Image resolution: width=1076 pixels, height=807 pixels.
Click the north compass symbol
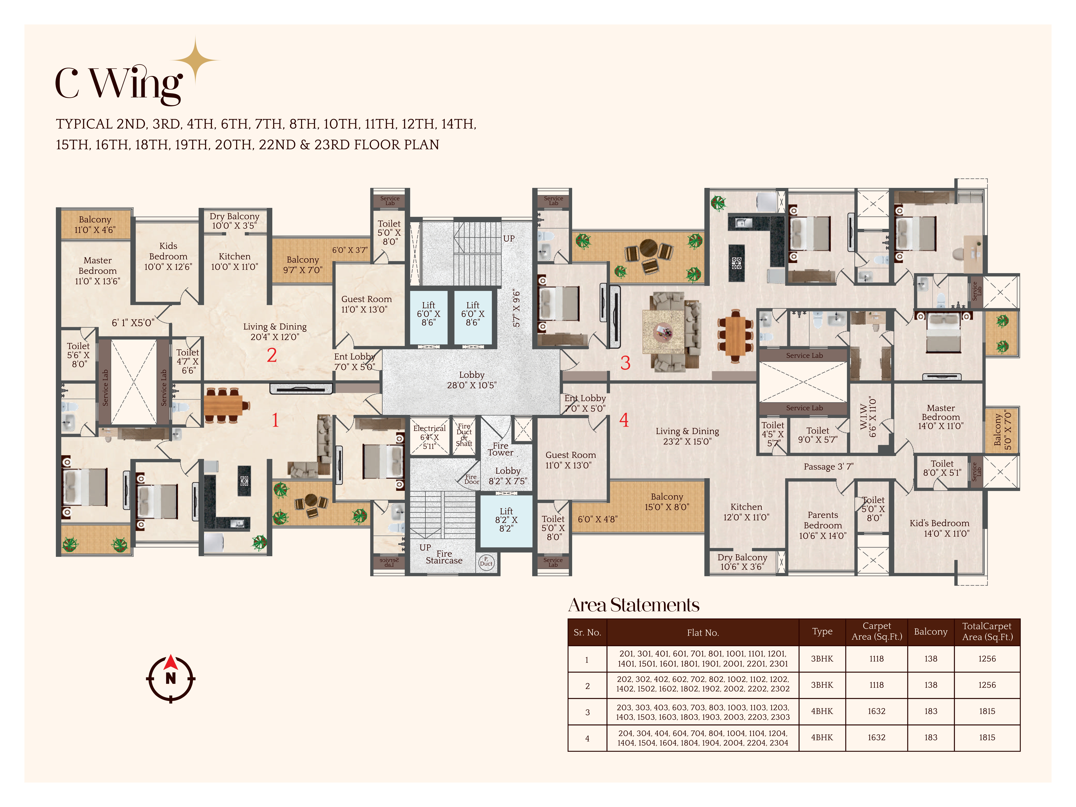point(171,679)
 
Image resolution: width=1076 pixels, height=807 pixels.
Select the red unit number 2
point(272,355)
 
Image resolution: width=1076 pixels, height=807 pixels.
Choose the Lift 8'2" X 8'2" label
point(506,520)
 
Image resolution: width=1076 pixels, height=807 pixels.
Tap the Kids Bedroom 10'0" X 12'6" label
point(168,256)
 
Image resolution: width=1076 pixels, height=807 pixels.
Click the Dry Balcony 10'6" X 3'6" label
point(742,562)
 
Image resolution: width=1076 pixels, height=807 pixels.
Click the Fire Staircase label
point(444,557)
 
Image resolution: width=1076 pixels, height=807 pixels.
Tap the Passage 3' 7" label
point(828,466)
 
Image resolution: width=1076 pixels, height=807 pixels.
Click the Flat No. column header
point(703,632)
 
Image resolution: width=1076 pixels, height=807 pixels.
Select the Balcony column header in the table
point(931,631)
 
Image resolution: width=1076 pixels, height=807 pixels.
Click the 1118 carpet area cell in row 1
point(877,659)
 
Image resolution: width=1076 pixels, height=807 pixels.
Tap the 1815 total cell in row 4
point(987,737)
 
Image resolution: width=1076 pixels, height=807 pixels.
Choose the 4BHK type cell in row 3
point(822,711)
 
